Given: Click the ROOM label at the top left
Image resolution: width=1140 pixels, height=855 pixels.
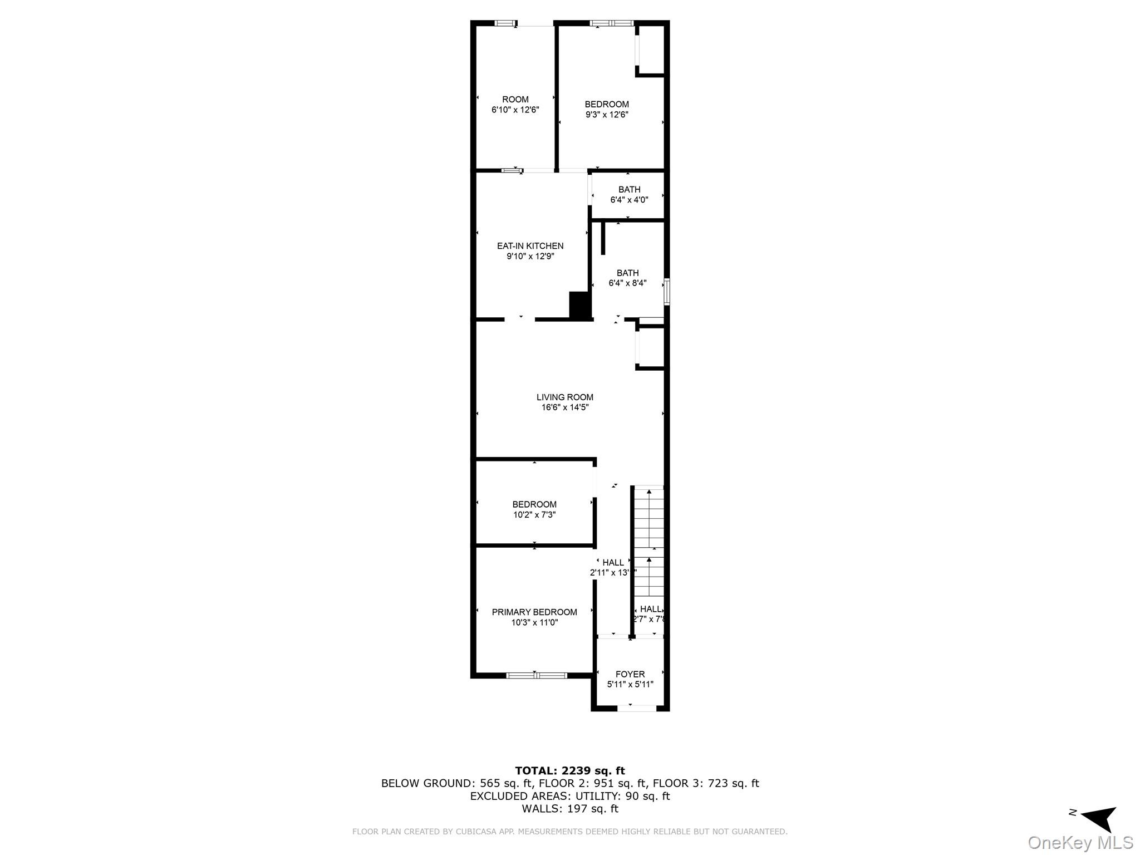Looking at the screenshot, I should click(515, 100).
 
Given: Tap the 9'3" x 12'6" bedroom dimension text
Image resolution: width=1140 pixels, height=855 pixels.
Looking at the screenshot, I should click(607, 115).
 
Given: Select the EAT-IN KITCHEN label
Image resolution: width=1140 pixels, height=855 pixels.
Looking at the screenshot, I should click(530, 246).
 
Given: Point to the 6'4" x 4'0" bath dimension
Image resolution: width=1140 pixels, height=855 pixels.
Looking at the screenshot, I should click(629, 200).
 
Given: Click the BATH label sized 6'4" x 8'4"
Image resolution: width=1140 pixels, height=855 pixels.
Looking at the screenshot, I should click(627, 273).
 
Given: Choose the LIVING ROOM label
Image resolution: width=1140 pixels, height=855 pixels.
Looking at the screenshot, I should click(564, 397).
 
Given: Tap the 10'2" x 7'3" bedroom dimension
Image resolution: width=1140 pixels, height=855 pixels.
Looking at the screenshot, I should click(534, 515).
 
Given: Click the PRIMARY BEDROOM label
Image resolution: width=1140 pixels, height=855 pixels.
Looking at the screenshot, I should click(534, 612).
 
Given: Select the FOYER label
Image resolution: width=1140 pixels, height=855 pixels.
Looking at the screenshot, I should click(630, 674).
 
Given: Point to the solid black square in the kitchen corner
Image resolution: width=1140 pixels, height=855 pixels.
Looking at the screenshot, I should click(579, 305).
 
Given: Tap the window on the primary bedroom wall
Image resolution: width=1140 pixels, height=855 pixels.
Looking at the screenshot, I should click(536, 675).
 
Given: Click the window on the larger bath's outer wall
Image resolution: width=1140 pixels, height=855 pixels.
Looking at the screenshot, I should click(666, 292).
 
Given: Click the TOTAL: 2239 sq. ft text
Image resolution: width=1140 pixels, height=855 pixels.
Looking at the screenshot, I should click(569, 771).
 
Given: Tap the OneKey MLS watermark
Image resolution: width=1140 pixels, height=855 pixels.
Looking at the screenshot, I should click(1080, 843).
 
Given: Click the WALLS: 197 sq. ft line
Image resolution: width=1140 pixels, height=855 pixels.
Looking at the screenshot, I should click(569, 809).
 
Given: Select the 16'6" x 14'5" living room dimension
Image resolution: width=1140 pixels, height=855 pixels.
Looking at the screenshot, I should click(564, 407).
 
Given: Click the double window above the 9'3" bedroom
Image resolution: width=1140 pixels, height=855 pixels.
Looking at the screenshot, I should click(611, 23).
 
